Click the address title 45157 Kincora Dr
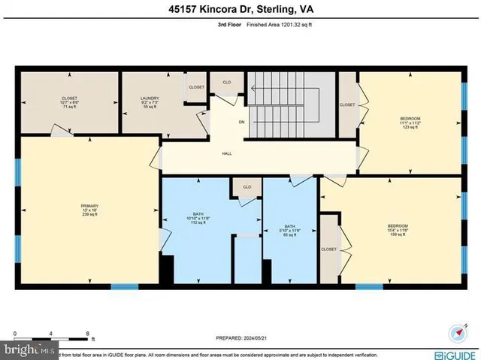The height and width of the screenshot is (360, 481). point(240,9)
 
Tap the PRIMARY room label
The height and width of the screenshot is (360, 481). point(90,207)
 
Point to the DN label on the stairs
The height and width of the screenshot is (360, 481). point(242,122)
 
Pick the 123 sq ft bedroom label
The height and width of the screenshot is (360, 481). point(410,122)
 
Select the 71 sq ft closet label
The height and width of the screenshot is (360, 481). point(69,103)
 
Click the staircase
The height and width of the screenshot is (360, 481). point(286,107)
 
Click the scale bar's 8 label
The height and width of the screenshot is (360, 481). point(88,332)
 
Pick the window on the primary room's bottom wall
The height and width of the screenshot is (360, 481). point(125,286)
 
